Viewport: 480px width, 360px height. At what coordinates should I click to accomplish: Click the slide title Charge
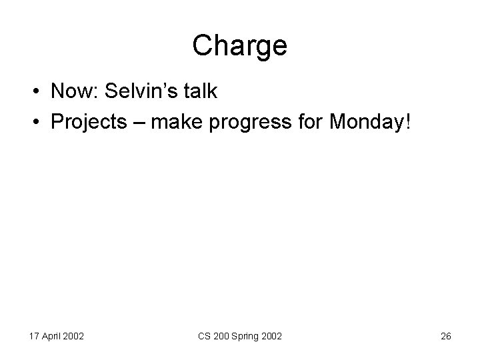pyautogui.click(x=240, y=46)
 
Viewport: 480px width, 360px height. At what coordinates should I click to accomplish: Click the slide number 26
pyautogui.click(x=446, y=337)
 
